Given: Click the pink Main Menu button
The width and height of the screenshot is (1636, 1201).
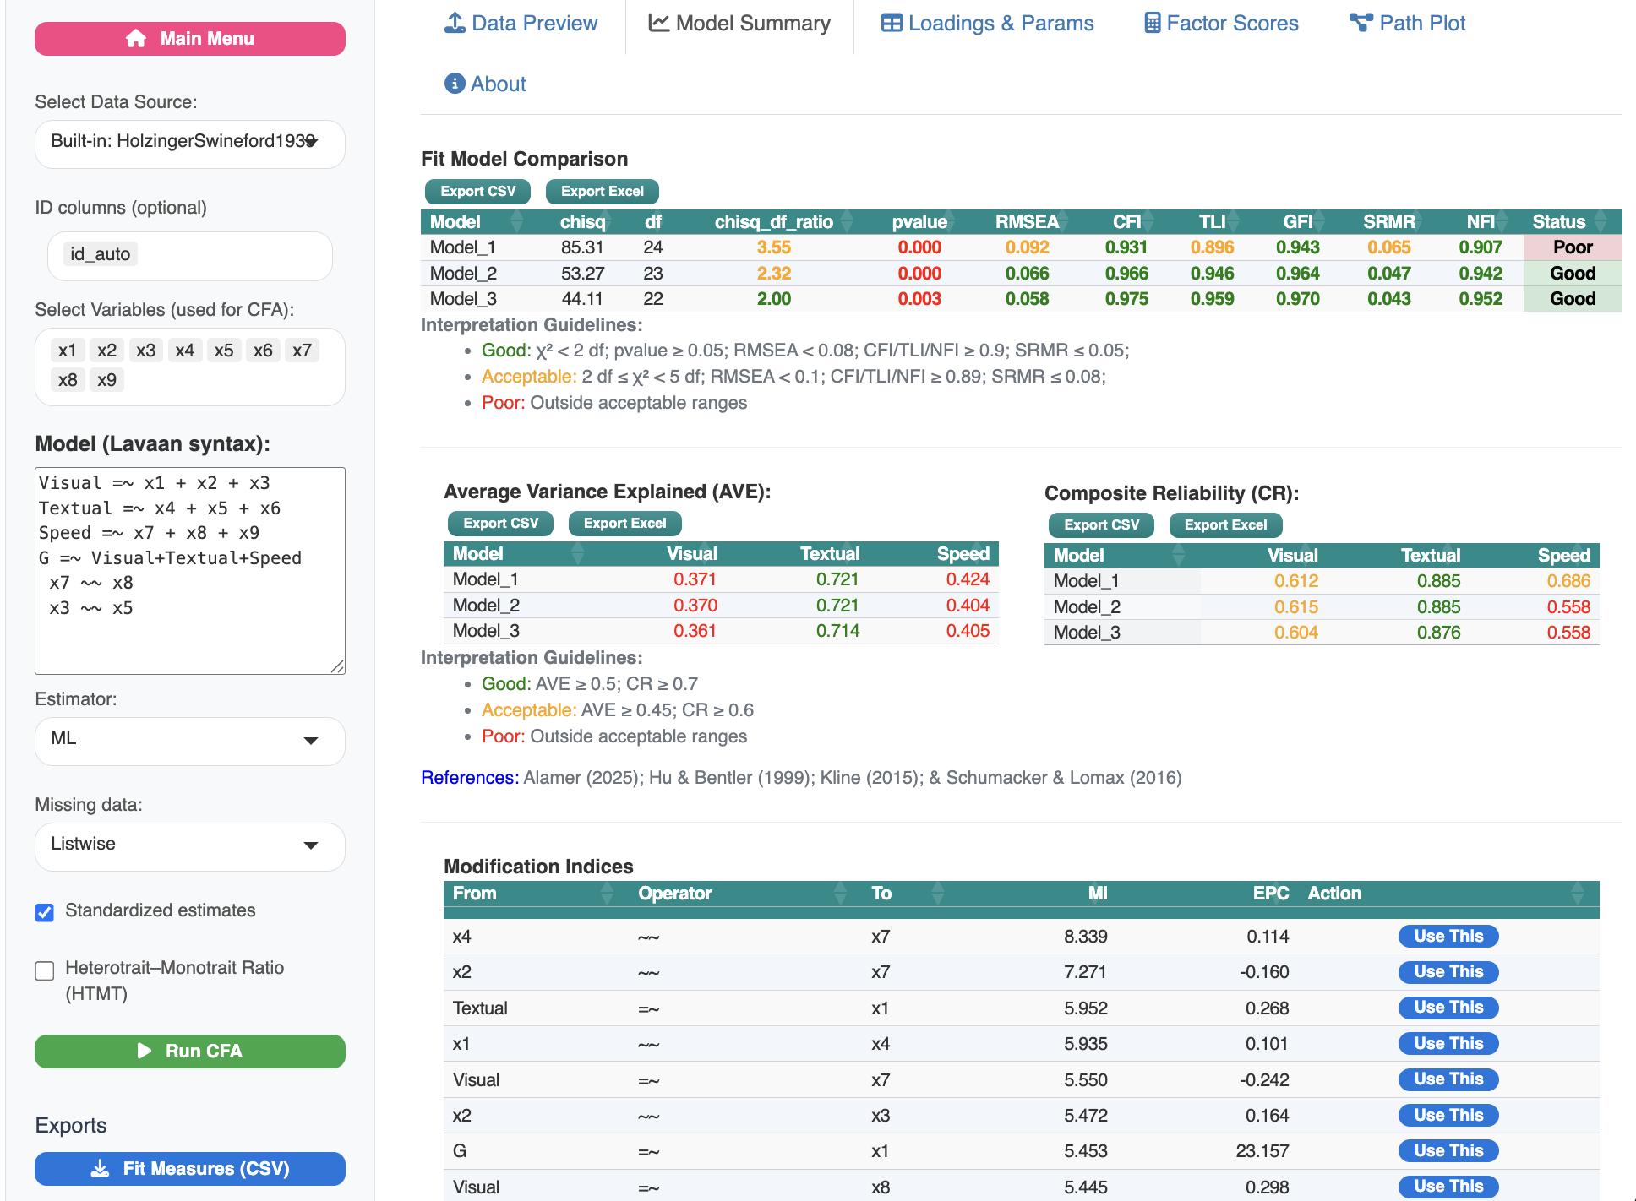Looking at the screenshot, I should pyautogui.click(x=189, y=39).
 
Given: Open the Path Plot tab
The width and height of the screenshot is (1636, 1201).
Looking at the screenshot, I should pyautogui.click(x=1408, y=24).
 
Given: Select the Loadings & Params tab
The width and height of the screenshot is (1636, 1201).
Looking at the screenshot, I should pyautogui.click(x=987, y=24).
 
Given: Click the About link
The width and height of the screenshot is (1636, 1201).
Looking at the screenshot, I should pyautogui.click(x=485, y=84).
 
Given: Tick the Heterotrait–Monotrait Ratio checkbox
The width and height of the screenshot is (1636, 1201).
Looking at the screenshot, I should pyautogui.click(x=45, y=971).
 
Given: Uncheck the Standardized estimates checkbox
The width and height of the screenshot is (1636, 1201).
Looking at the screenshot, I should pyautogui.click(x=45, y=912).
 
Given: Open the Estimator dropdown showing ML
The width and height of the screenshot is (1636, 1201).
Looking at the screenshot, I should pyautogui.click(x=189, y=741).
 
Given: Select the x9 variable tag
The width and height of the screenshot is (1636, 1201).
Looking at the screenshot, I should pyautogui.click(x=106, y=380).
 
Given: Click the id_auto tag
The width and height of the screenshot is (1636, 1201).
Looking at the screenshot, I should pyautogui.click(x=101, y=254).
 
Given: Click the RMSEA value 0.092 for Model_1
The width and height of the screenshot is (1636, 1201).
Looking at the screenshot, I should pyautogui.click(x=1027, y=247).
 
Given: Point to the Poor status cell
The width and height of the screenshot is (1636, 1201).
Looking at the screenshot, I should pyautogui.click(x=1572, y=247).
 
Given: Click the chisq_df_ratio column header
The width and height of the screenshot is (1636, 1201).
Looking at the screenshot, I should pyautogui.click(x=773, y=222).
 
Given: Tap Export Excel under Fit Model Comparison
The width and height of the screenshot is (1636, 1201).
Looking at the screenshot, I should pyautogui.click(x=602, y=192).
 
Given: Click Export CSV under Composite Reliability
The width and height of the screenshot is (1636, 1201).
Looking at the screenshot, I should pyautogui.click(x=1101, y=525).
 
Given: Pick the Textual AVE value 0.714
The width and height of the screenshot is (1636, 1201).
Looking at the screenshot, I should pyautogui.click(x=837, y=631).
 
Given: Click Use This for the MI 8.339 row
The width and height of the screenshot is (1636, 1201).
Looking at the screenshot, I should pyautogui.click(x=1448, y=936).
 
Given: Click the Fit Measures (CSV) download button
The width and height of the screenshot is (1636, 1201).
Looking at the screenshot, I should pyautogui.click(x=189, y=1169).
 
